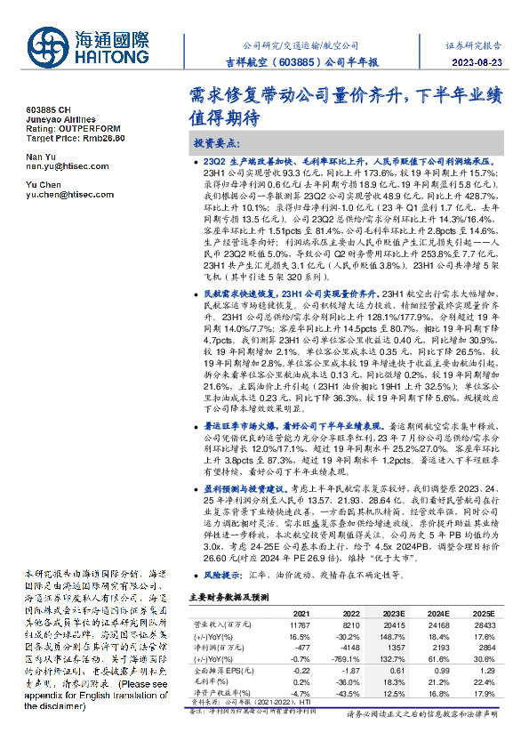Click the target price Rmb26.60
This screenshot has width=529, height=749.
pos(100,138)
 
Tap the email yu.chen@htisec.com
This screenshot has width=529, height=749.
pos(65,194)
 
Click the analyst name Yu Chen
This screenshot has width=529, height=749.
pos(41,184)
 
